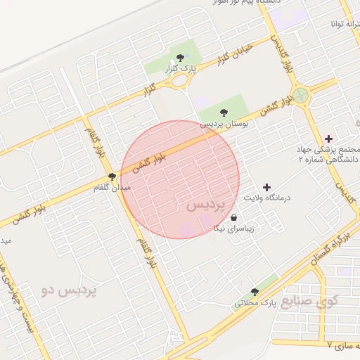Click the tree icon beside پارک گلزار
181,58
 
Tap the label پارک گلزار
179,69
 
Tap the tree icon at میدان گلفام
112,176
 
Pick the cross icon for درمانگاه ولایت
266,187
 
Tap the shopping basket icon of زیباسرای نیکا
233,218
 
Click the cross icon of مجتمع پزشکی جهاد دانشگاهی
328,138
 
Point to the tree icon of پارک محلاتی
255,292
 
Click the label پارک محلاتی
252,303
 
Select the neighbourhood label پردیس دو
70,289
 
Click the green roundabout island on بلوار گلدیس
301,95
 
